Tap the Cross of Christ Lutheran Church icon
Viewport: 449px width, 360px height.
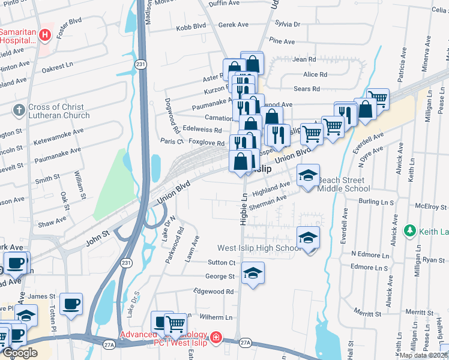click(19, 110)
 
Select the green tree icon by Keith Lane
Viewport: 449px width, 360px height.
click(410, 230)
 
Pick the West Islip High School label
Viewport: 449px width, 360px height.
click(259, 248)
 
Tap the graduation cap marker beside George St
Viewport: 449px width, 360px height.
click(253, 274)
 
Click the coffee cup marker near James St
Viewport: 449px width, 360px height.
click(71, 303)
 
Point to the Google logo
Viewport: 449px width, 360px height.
click(20, 353)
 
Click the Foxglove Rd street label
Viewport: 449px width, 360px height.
click(205, 142)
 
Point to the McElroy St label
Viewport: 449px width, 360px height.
click(430, 206)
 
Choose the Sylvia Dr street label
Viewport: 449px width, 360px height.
click(287, 24)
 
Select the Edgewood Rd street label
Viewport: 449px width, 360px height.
click(213, 291)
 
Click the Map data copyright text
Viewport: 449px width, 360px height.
click(423, 355)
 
